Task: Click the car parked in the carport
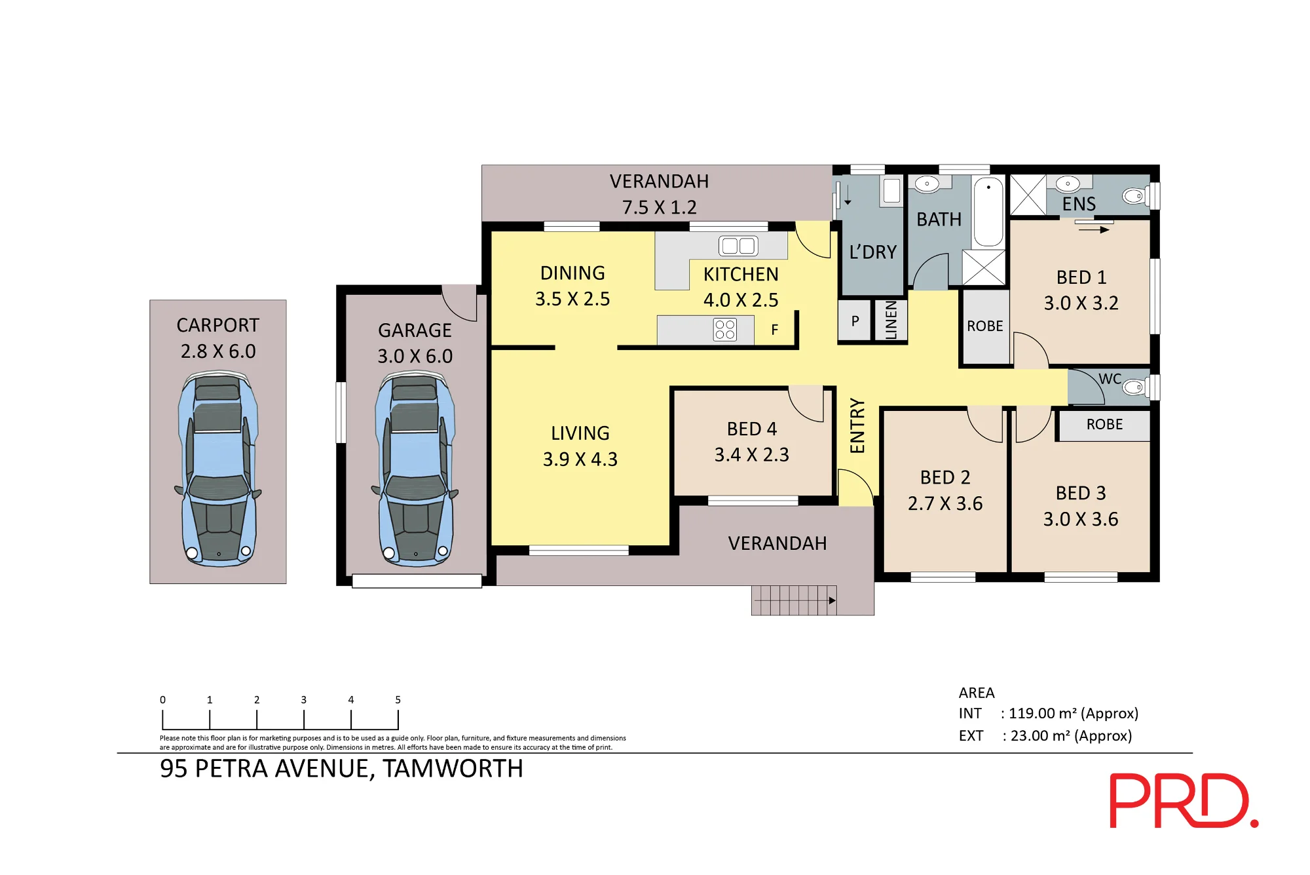(218, 469)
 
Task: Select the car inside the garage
(415, 469)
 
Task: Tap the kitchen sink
(738, 246)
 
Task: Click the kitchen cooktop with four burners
(725, 330)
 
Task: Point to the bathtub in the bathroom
(988, 211)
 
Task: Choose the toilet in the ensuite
(1134, 195)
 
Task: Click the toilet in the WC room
(1134, 387)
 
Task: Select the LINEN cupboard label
(891, 320)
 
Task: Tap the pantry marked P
(855, 321)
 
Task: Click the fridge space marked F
(775, 330)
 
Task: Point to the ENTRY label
(857, 426)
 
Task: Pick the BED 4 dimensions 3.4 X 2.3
(752, 454)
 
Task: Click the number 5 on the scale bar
(398, 700)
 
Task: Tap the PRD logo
(1184, 800)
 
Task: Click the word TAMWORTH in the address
(453, 769)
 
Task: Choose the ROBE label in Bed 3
(1104, 424)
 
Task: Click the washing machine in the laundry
(891, 191)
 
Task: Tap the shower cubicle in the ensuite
(1028, 195)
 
